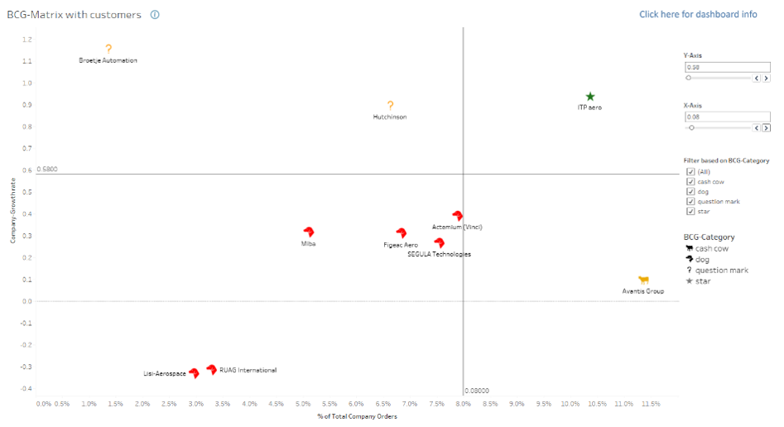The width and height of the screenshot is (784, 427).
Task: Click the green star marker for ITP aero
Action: point(589,97)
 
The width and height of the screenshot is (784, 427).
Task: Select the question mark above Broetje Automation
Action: point(108,50)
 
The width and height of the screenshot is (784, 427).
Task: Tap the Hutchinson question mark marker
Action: point(390,106)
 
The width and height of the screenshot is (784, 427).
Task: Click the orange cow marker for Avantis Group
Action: point(643,281)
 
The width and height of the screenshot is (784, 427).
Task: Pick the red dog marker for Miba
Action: point(309,233)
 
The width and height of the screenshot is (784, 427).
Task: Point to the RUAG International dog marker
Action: point(212,370)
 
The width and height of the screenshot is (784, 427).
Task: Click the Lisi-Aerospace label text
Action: point(165,374)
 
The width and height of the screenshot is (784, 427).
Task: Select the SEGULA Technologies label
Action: point(439,254)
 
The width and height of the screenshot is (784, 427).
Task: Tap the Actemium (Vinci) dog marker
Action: point(457,216)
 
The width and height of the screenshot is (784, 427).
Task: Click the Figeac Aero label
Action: point(401,245)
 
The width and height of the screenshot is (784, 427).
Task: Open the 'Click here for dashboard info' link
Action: point(698,14)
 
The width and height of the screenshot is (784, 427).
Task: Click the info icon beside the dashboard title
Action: point(155,15)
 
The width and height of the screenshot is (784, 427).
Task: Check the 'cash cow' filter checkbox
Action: point(690,181)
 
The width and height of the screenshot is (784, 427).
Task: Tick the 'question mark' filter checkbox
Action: point(690,201)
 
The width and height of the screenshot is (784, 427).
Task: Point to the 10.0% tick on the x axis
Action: point(570,404)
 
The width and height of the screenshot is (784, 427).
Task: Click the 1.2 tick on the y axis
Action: point(27,40)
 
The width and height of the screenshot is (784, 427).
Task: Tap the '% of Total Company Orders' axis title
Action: point(357,416)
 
